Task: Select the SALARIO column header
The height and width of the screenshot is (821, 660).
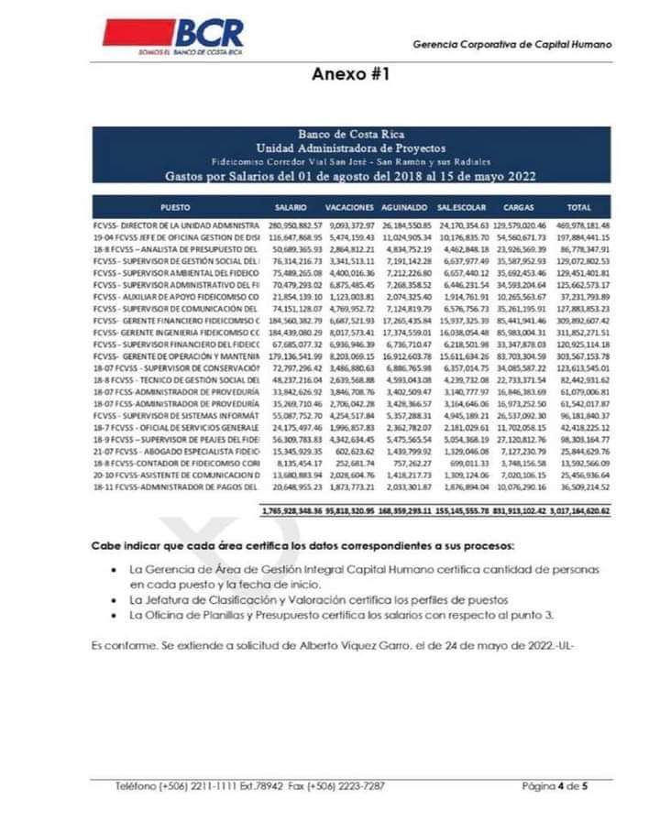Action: click(291, 207)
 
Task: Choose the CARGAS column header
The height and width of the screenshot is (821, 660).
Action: click(518, 207)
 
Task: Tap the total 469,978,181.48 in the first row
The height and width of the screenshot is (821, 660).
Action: click(578, 224)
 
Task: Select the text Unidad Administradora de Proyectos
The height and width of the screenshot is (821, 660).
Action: click(351, 147)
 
